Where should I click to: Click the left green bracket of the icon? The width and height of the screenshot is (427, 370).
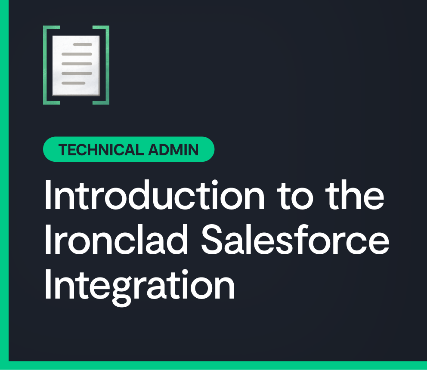coord(45,65)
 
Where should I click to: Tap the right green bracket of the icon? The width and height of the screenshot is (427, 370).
coord(107,65)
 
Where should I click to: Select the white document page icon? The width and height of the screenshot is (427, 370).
coord(76,65)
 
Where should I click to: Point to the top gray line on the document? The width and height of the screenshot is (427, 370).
coord(82,44)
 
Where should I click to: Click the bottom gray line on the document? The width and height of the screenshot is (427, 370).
coord(73,83)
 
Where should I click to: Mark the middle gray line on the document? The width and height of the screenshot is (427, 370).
coord(77,64)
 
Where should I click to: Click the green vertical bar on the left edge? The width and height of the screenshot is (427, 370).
coord(4,185)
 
